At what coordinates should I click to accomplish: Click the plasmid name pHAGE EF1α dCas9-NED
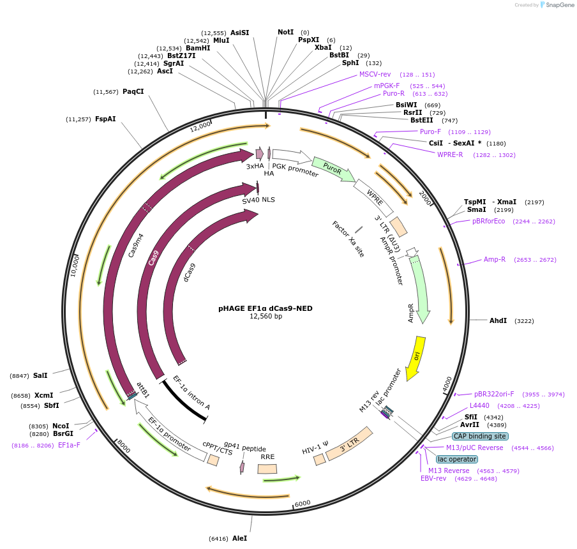coord(266,308)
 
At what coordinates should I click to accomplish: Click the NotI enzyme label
coord(285,32)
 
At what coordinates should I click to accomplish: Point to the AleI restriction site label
coord(239,538)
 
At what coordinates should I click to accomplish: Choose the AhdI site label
coord(498,320)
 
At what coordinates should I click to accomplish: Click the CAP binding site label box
coord(479,436)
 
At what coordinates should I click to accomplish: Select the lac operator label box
coord(456,459)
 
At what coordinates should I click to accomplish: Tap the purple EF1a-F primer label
coord(69,445)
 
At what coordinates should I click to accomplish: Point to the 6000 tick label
coord(303,503)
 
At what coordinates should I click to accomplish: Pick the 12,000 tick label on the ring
coord(200,126)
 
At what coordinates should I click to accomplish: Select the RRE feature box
coord(267,469)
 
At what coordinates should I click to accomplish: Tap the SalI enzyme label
coord(40,376)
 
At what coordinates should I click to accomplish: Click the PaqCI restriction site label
coord(133,91)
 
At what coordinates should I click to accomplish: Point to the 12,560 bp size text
coord(266,316)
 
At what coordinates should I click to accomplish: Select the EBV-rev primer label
coord(433,478)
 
